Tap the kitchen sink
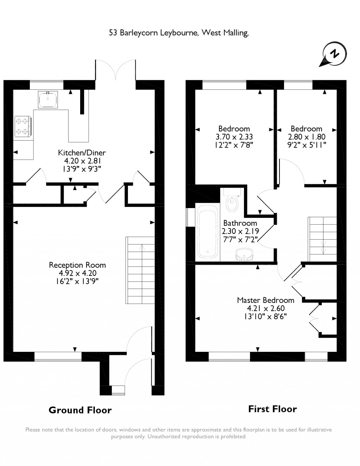(x=48, y=99)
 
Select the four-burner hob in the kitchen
(x=23, y=126)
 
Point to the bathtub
(x=207, y=232)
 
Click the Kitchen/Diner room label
(x=82, y=153)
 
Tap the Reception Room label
(x=77, y=265)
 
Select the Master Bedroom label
(x=265, y=300)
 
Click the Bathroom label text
(x=240, y=223)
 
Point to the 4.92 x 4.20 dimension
(x=77, y=273)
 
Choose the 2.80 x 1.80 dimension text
(x=307, y=137)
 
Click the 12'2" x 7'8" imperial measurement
(x=234, y=145)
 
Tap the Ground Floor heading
(x=80, y=410)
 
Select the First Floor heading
(x=272, y=409)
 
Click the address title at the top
(x=179, y=33)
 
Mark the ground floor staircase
(x=140, y=270)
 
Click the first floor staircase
(x=322, y=239)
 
